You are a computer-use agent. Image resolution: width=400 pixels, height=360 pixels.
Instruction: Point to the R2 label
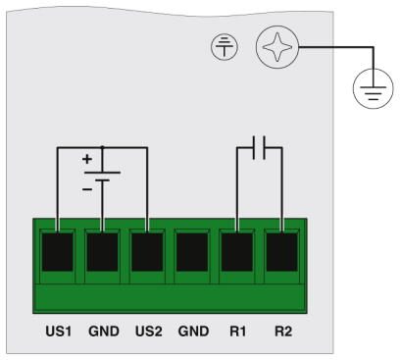click(282, 331)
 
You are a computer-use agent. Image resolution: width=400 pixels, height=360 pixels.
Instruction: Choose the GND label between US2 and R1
click(192, 331)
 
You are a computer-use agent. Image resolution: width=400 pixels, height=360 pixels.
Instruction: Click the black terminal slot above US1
click(57, 254)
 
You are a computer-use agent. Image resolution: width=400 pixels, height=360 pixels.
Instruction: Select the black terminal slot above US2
click(147, 254)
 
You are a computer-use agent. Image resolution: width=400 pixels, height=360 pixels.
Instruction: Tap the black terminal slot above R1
click(237, 254)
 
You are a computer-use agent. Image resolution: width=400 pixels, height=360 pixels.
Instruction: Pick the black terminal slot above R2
click(282, 254)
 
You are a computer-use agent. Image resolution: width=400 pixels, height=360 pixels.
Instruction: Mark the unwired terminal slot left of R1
click(192, 254)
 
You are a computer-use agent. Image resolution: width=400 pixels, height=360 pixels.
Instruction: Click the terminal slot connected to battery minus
click(102, 254)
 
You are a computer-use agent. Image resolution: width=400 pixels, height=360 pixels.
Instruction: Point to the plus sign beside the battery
click(86, 159)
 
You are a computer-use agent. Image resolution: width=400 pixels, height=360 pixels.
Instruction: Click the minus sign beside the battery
click(86, 187)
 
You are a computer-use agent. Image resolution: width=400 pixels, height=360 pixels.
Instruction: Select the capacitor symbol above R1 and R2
click(259, 148)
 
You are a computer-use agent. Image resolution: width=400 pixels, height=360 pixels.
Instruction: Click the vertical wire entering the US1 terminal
click(57, 191)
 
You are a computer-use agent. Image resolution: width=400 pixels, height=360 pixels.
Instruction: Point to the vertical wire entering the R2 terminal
click(282, 191)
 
